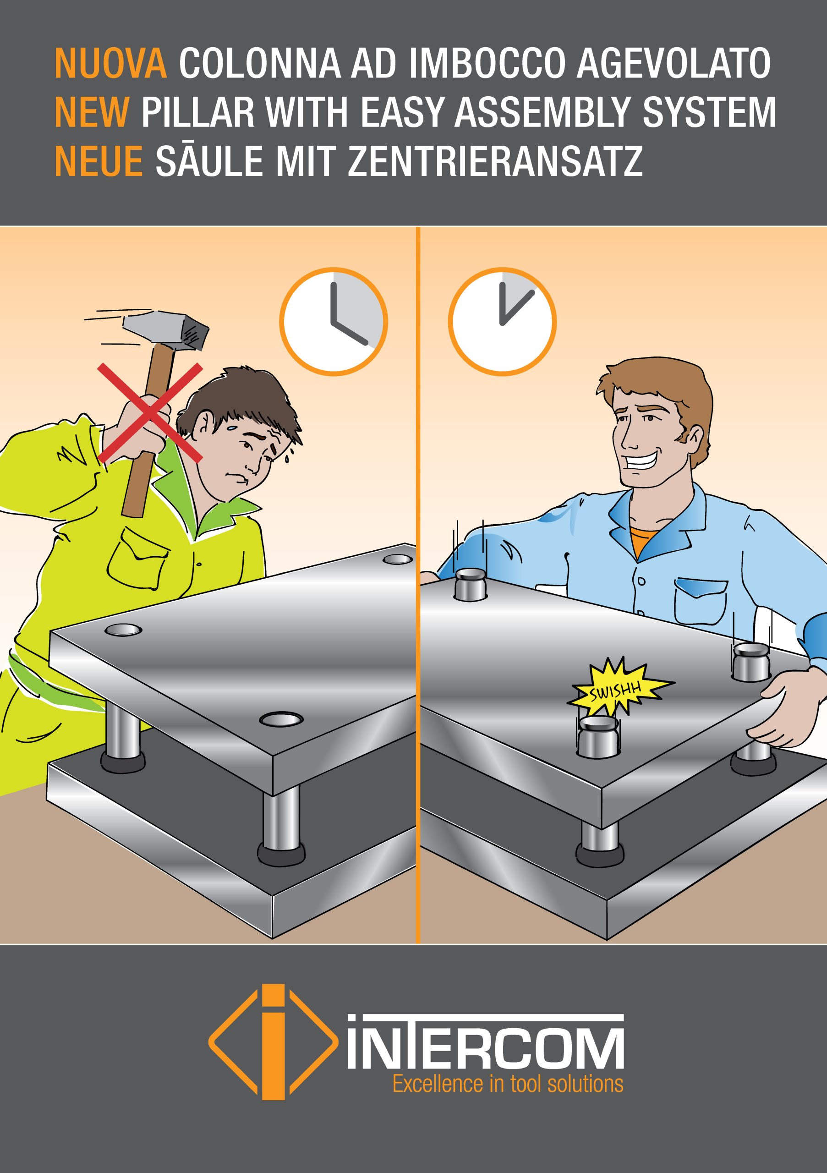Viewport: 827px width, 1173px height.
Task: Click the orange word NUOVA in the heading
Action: pos(111,63)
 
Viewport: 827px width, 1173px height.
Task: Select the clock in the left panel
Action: pos(334,322)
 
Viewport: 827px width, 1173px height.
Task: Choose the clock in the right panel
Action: pos(502,322)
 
